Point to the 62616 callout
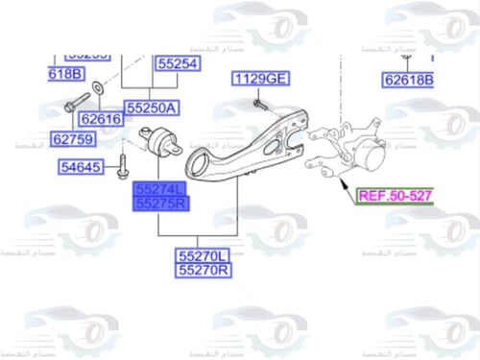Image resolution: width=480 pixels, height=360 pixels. click(x=101, y=118)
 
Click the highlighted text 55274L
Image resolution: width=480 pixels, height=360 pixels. click(x=162, y=190)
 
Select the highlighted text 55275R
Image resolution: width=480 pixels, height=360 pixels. click(x=162, y=204)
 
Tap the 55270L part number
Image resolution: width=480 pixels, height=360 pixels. click(x=203, y=256)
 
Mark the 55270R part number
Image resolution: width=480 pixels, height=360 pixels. click(x=203, y=271)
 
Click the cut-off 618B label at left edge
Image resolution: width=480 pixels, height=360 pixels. click(x=66, y=74)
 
